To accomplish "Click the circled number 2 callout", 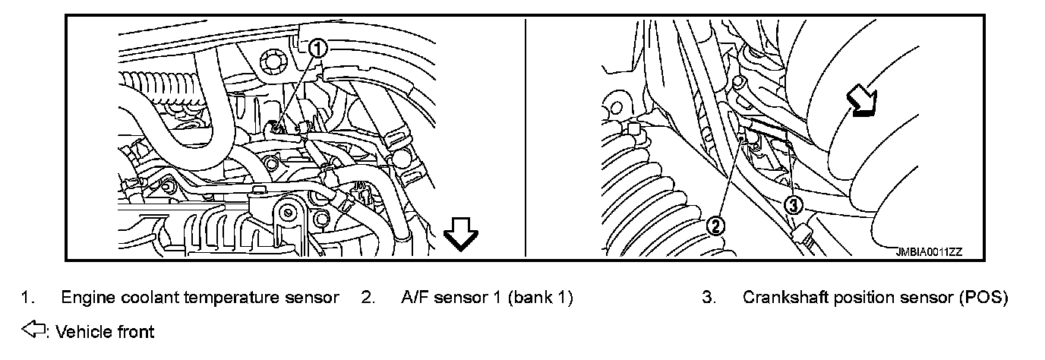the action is coord(715,225).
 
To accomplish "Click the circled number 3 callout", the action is coord(793,204).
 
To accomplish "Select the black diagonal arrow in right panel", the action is coord(861,102).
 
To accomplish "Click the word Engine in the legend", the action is coord(84,298).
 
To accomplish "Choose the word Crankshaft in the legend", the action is coord(785,298).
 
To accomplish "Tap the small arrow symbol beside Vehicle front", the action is coord(35,331).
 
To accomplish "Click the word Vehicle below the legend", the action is coord(81,332).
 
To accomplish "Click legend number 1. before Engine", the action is coord(28,298).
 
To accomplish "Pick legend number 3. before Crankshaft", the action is coord(709,298).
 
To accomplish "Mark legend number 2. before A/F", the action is coord(368,298).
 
